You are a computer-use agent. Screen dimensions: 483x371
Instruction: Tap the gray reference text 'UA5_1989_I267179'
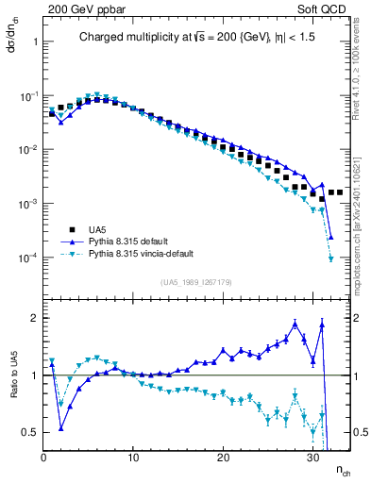[196, 281]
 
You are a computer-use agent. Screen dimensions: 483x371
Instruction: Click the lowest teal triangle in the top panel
[330, 258]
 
